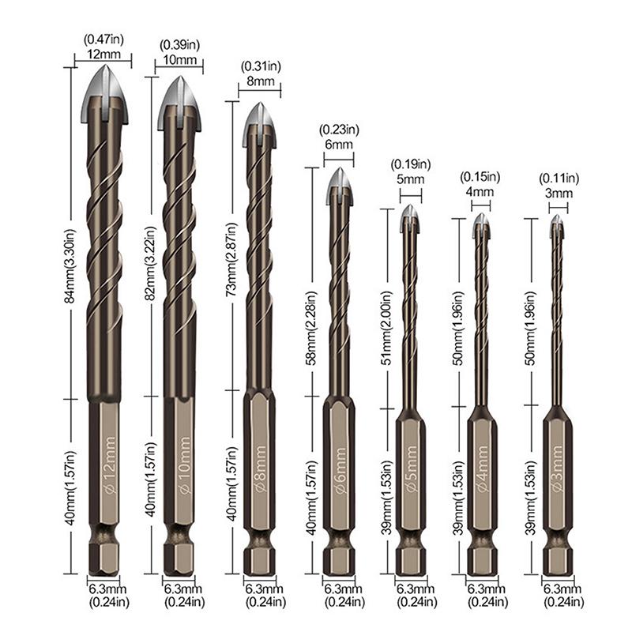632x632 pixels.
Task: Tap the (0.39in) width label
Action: (179, 47)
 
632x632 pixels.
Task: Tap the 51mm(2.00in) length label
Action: (387, 307)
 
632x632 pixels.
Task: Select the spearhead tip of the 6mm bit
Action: (339, 182)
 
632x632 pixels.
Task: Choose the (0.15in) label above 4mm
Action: (481, 177)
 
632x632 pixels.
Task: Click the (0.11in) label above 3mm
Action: (559, 178)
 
